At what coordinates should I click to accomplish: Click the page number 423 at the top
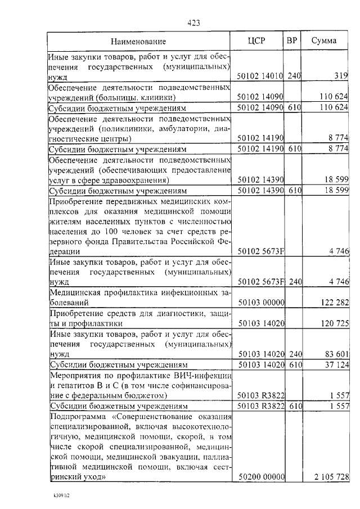tap(193, 23)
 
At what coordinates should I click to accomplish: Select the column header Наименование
tap(138, 41)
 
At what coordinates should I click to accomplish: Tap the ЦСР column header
tap(256, 40)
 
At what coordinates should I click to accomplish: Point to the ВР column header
tap(291, 40)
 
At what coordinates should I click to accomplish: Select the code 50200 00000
tap(261, 476)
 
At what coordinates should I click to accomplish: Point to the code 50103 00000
tap(261, 303)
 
